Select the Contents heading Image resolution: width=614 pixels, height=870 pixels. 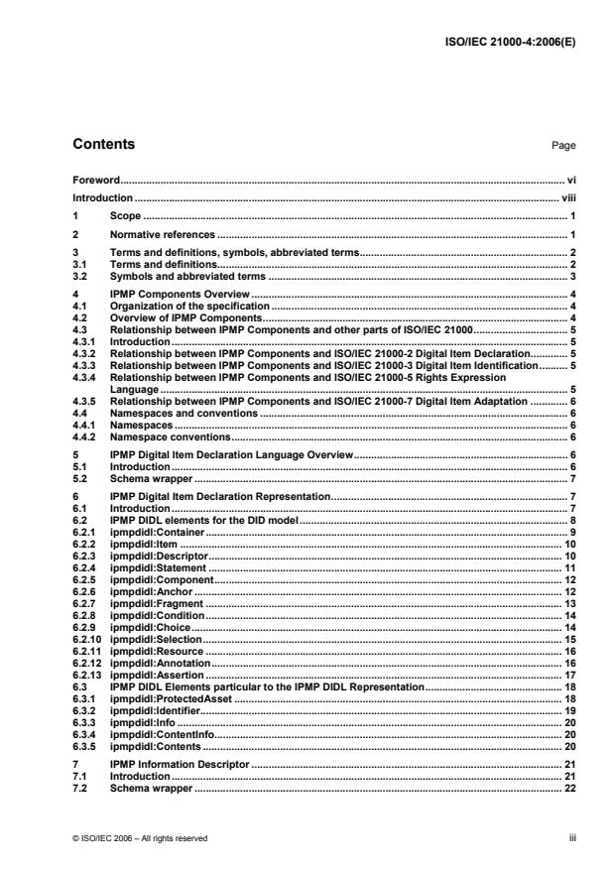click(104, 145)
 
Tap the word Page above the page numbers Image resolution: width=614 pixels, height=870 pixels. click(563, 146)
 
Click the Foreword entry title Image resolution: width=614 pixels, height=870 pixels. click(97, 182)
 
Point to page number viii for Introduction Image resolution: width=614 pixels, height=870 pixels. click(567, 198)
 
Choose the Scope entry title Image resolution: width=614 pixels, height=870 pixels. click(126, 215)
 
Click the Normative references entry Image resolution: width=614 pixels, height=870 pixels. click(162, 234)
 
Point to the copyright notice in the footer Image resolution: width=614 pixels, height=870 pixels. click(140, 838)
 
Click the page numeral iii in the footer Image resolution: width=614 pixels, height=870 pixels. click(572, 838)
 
